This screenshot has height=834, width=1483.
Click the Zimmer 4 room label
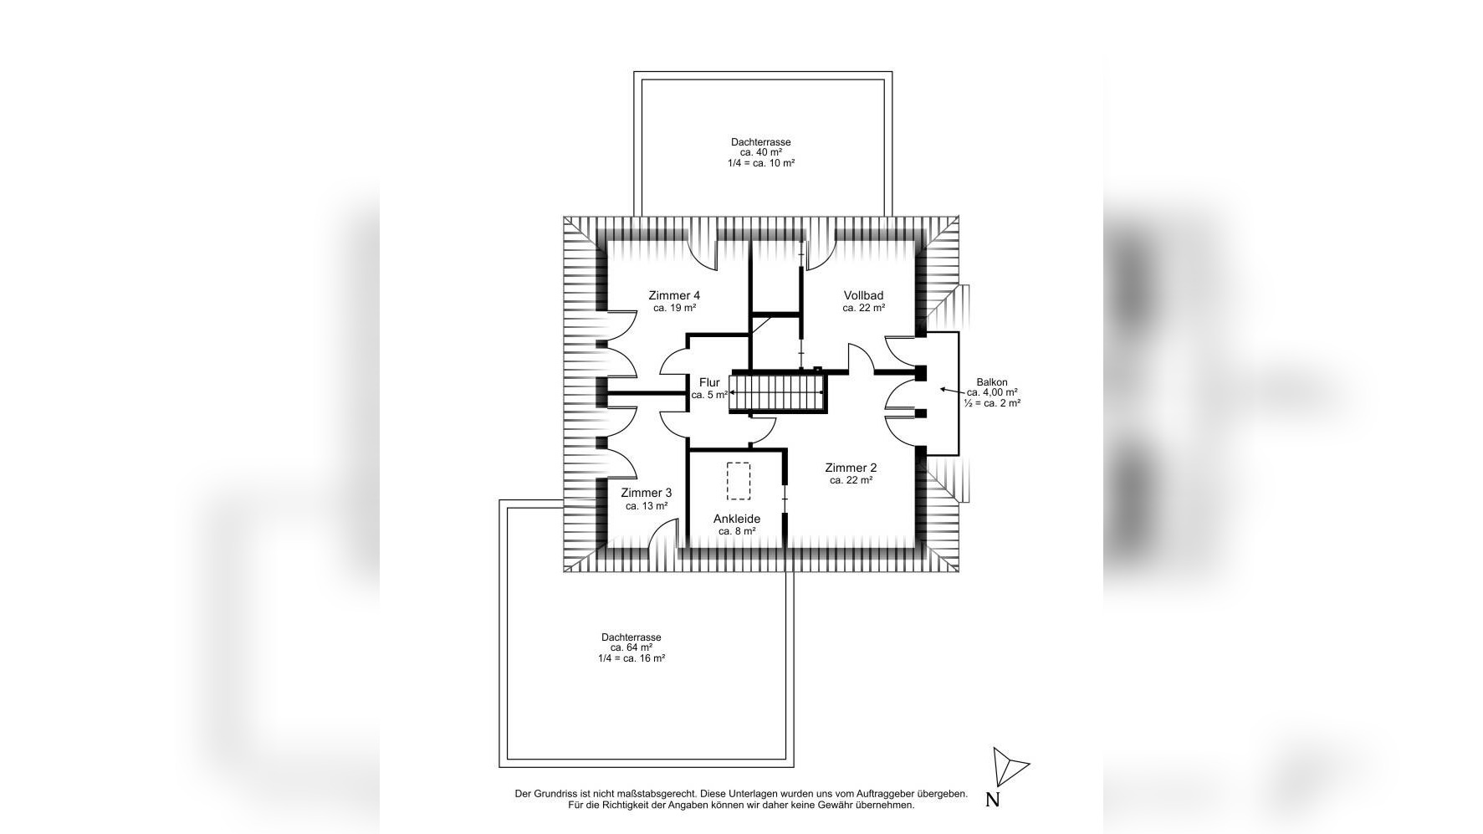click(x=674, y=295)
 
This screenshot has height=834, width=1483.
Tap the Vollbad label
click(x=863, y=295)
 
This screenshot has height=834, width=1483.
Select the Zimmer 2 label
click(x=851, y=468)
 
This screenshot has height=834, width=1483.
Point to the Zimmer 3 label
click(x=646, y=493)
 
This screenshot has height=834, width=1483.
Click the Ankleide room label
click(x=737, y=519)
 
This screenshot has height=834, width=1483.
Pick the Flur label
click(x=709, y=382)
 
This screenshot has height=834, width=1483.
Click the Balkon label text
click(x=992, y=382)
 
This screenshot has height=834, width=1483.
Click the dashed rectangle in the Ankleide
click(x=739, y=481)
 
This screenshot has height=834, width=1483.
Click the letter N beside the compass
click(x=993, y=800)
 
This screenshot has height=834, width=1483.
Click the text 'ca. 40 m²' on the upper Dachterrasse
click(x=761, y=152)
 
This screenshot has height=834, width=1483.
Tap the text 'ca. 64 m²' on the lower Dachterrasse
click(x=632, y=647)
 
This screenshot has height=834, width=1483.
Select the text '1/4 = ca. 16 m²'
click(x=632, y=658)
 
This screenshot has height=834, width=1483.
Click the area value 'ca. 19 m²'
click(x=674, y=308)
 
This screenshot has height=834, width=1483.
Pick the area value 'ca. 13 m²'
click(x=647, y=505)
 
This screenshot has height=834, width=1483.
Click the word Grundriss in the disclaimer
click(x=555, y=794)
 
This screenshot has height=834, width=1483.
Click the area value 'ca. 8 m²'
click(x=737, y=531)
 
